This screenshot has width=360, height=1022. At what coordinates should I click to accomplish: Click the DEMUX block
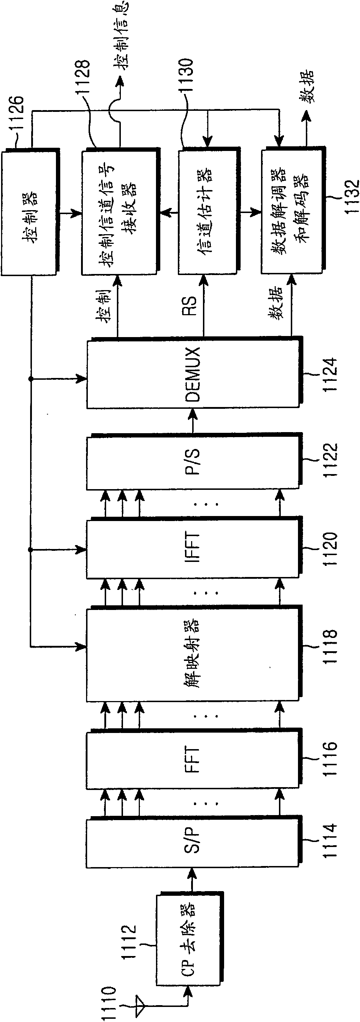point(194,373)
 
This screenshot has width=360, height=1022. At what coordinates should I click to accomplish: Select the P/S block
point(194,463)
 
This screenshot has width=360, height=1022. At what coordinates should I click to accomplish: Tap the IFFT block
point(194,548)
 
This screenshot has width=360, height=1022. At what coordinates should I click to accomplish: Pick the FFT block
point(194,759)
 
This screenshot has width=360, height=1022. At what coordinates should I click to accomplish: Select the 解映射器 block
point(194,654)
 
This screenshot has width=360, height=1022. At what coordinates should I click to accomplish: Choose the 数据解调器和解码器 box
point(293,210)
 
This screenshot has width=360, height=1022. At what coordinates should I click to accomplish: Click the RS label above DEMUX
point(190,306)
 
